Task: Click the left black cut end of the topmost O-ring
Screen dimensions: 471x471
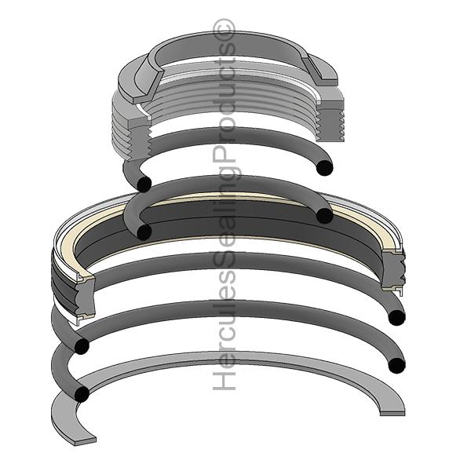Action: coord(143,183)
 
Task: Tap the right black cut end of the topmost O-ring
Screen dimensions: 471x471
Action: coord(324,167)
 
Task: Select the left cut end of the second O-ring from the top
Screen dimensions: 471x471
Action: coord(144,232)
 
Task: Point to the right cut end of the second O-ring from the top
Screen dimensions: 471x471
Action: coord(325,216)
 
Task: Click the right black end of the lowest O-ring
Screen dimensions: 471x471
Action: coord(397,365)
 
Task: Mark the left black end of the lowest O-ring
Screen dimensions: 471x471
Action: coord(81,394)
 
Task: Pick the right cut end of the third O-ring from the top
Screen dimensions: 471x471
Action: coord(397,317)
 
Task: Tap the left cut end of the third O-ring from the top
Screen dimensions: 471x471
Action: coord(81,346)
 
